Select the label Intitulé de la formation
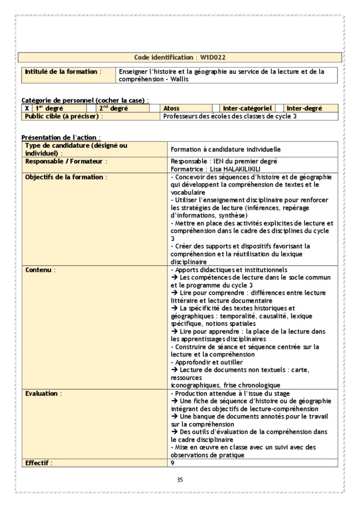(61, 72)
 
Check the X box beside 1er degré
(27, 109)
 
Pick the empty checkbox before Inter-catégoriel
(216, 109)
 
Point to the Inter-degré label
(304, 109)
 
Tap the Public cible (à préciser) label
(62, 117)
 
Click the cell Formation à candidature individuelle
(225, 149)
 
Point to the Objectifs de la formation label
(64, 177)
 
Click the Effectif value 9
(173, 463)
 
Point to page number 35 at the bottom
(180, 480)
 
